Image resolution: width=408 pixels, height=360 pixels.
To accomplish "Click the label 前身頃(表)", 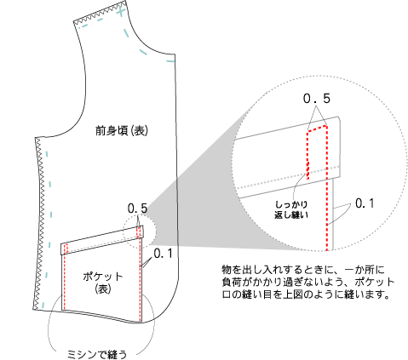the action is pos(122,131).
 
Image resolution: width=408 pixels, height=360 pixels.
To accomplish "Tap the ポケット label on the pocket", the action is pos(102,277).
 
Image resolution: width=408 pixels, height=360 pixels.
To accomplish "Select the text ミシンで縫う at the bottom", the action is pos(97,355).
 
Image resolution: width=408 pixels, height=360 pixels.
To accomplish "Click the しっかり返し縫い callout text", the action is pos(291,209).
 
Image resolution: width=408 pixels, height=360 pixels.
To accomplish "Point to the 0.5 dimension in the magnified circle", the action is pos(317,99).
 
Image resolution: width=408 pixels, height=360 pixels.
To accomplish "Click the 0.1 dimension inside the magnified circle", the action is pos(365,203).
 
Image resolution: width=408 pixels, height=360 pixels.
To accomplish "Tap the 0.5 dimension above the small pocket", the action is pos(138,209).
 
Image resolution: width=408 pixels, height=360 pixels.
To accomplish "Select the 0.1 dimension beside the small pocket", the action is pos(163,254).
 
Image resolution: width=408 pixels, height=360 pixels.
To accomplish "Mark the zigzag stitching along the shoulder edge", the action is pos(100,12).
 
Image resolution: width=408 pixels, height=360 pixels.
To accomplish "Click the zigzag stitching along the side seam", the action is pos(39,224).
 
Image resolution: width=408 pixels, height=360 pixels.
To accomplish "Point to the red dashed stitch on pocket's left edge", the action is pos(65,277).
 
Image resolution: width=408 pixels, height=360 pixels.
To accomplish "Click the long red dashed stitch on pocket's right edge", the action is pos(141,279).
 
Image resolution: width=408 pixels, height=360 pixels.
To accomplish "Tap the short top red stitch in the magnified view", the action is pos(317,129).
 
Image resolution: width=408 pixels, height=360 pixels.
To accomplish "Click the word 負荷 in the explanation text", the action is pos(232,283).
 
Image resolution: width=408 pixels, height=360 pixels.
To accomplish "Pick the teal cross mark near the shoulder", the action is pos(121,12).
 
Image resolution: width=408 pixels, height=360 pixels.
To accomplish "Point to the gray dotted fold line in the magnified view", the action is pos(287,177).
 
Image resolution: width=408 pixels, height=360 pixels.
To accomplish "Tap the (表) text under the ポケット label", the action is pos(102,289).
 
